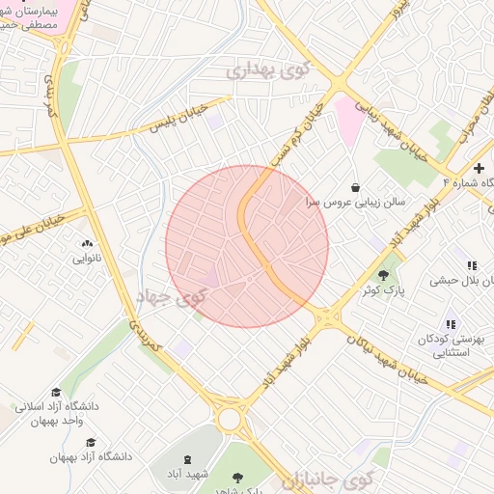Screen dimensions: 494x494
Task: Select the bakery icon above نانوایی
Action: pyautogui.click(x=87, y=244)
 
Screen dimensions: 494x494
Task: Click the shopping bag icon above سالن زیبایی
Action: pyautogui.click(x=356, y=186)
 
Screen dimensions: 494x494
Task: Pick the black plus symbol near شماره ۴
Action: pyautogui.click(x=479, y=168)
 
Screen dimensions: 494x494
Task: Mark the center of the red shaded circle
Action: pyautogui.click(x=247, y=246)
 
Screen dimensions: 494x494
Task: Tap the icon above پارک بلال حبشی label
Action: pyautogui.click(x=472, y=265)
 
